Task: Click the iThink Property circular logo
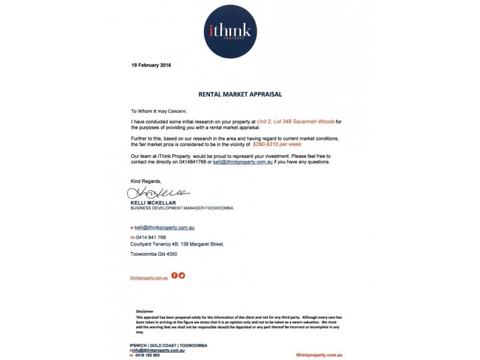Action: pyautogui.click(x=230, y=31)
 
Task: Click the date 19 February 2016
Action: pyautogui.click(x=151, y=65)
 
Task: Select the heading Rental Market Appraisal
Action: pyautogui.click(x=239, y=94)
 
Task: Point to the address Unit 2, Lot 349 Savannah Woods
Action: pyautogui.click(x=295, y=122)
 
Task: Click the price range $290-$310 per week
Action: pyautogui.click(x=277, y=144)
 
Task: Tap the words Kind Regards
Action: pyautogui.click(x=146, y=181)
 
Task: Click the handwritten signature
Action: pyautogui.click(x=158, y=193)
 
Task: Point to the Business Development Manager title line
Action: pyautogui.click(x=181, y=208)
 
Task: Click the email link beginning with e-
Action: pyautogui.click(x=162, y=227)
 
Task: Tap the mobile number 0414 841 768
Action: pyautogui.click(x=150, y=237)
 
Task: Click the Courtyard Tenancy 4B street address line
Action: pyautogui.click(x=177, y=244)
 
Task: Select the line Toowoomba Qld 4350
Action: pyautogui.click(x=154, y=254)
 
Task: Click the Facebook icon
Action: pyautogui.click(x=175, y=275)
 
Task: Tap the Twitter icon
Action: pyautogui.click(x=182, y=275)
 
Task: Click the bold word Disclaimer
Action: pyautogui.click(x=145, y=311)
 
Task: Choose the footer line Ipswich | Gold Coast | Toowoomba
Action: pyautogui.click(x=168, y=346)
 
